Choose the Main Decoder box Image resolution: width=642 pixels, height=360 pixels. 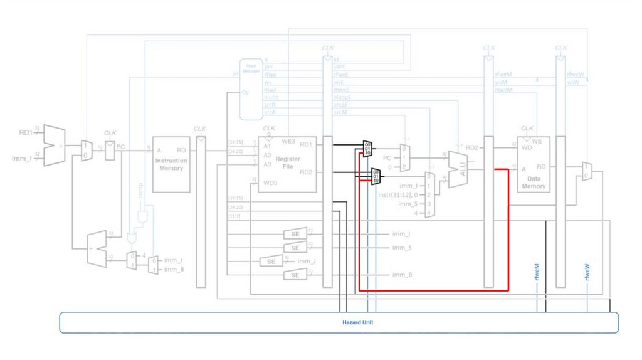click(251, 88)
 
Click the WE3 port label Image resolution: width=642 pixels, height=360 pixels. click(289, 141)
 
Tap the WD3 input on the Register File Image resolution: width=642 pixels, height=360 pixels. click(270, 183)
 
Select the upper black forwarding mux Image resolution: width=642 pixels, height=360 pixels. click(367, 149)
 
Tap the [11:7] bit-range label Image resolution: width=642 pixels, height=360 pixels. click(235, 216)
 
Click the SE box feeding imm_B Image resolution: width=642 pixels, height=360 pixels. click(295, 275)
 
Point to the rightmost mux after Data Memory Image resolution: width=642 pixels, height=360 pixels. click(586, 170)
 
